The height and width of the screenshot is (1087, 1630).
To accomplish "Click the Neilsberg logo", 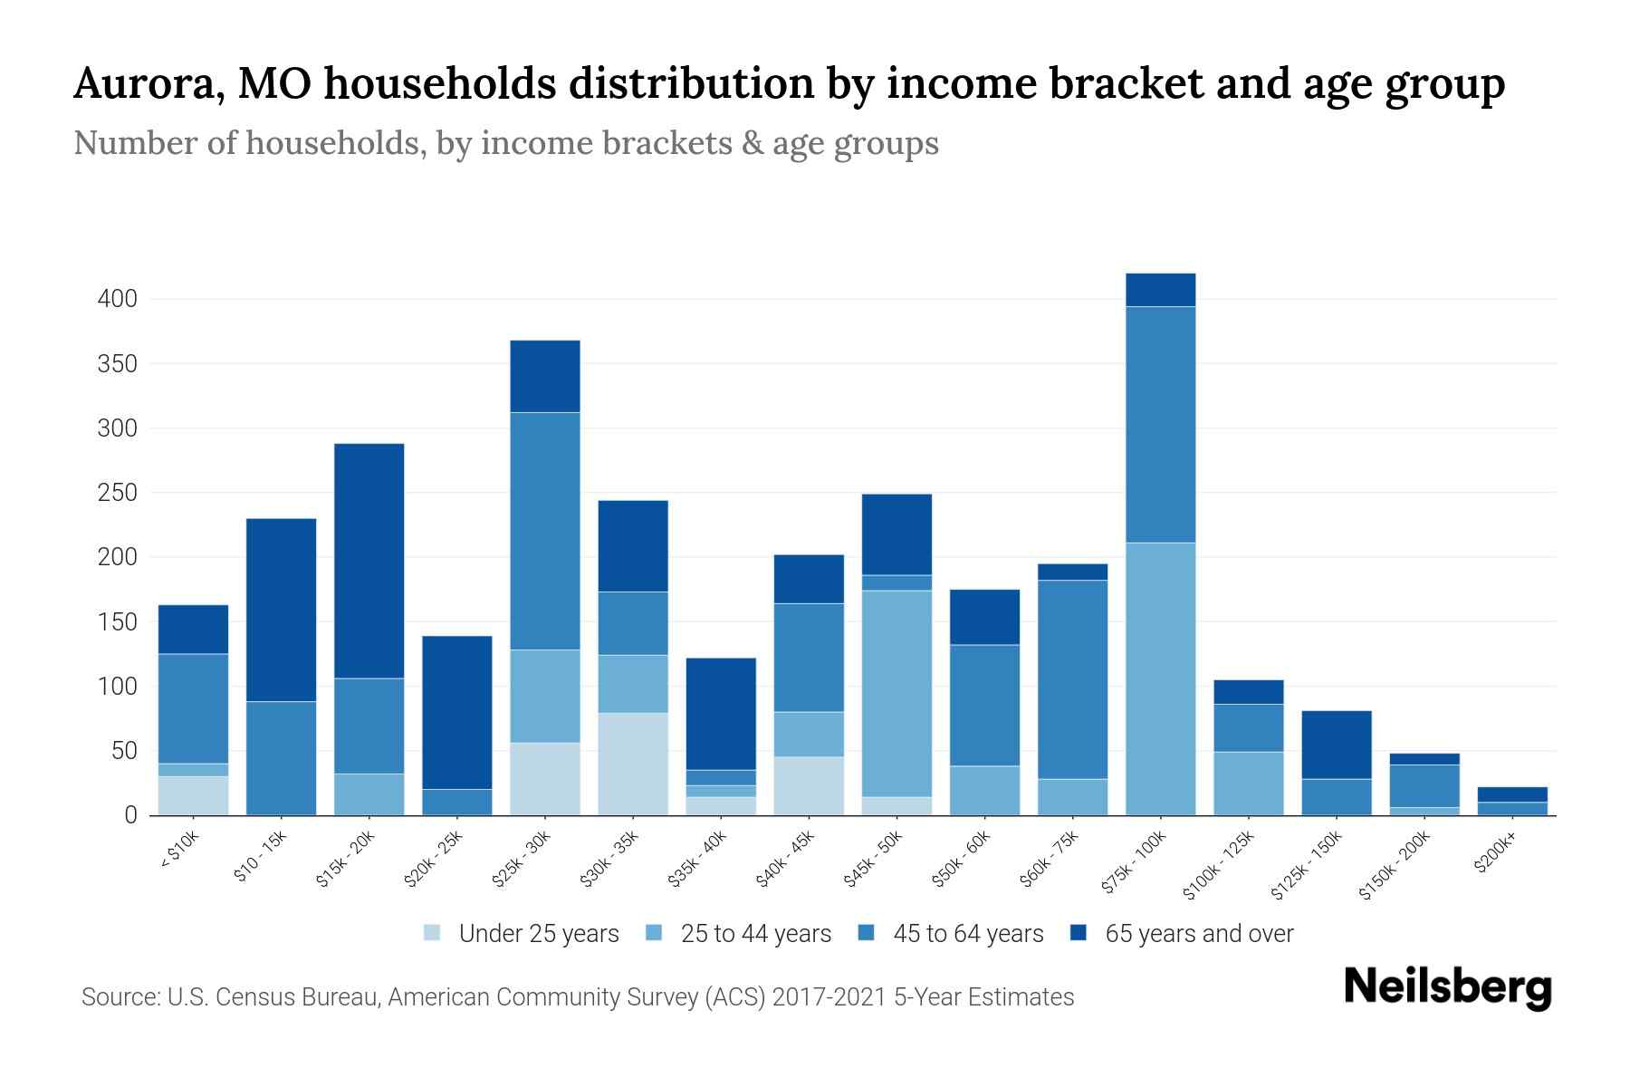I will [x=1447, y=987].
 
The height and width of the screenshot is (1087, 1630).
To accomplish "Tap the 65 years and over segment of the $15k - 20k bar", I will [x=369, y=561].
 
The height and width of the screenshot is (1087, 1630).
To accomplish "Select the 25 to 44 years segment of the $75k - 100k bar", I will [x=1160, y=679].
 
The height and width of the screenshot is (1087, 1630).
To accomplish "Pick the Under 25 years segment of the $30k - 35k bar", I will [x=633, y=764].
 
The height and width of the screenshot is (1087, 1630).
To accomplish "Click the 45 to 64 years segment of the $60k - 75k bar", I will [x=1072, y=679].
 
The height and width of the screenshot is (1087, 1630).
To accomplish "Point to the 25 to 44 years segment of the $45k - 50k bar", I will [x=896, y=694].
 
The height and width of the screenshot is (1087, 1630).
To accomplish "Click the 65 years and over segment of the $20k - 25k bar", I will [x=457, y=713].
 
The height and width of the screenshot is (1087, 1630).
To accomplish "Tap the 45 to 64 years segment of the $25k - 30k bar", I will [x=545, y=532].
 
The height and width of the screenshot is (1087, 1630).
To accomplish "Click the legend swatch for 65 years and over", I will [x=1079, y=933].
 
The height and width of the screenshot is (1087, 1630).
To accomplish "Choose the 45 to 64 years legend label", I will [x=967, y=934].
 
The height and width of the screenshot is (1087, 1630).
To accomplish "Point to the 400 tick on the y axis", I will [x=117, y=299].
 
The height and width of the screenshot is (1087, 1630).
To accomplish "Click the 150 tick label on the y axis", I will [x=117, y=621].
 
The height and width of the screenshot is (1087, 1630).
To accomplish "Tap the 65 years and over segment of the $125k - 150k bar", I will [x=1336, y=745].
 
